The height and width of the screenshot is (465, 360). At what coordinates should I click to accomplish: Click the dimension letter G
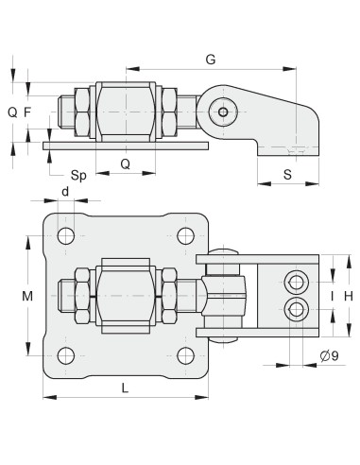pos(210,60)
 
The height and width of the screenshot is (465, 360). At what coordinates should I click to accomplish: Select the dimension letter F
pos(27,112)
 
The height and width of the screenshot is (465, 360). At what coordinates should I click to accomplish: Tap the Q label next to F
pos(11,112)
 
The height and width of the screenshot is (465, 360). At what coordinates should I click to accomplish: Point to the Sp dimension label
pos(80,176)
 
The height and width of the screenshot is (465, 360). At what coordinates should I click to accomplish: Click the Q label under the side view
pos(125,163)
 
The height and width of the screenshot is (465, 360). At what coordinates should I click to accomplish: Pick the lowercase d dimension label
pos(64,192)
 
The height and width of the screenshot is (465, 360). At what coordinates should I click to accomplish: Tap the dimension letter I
pos(332,296)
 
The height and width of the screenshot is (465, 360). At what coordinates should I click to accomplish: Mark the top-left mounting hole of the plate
pos(65,235)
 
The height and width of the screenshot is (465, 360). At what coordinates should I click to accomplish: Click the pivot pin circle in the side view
pos(223,112)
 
